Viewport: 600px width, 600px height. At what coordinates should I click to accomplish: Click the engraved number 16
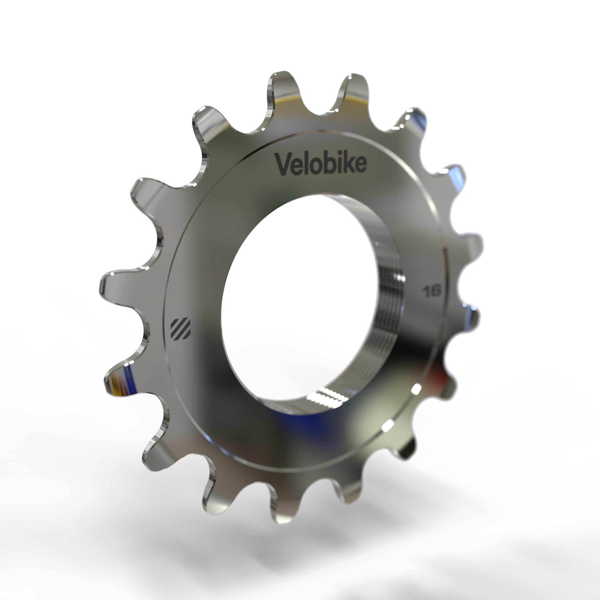[x=431, y=291]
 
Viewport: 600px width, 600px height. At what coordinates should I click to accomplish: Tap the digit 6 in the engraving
[x=436, y=292]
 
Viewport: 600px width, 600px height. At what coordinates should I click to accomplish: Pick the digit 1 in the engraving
[x=426, y=291]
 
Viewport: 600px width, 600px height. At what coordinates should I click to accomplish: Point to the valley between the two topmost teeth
[x=316, y=106]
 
